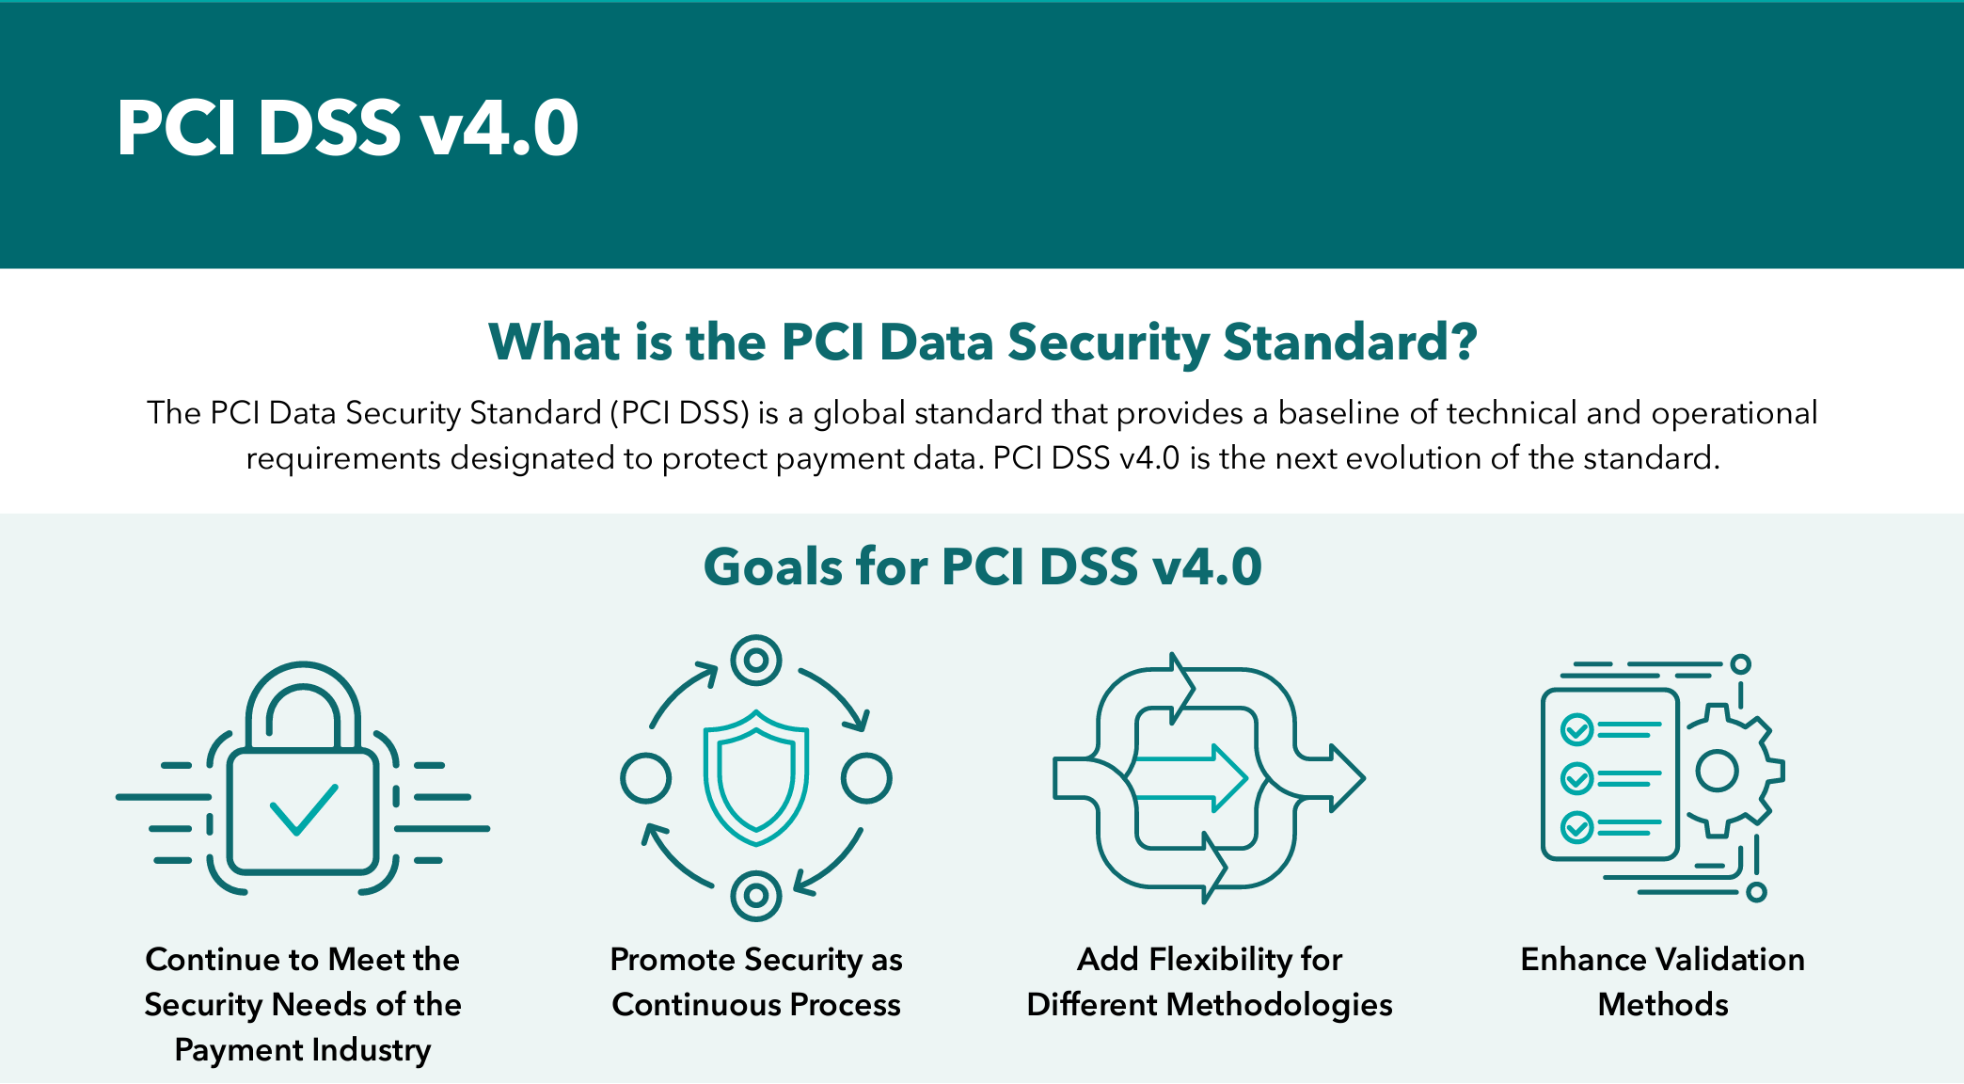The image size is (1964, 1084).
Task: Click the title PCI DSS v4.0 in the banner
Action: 347,128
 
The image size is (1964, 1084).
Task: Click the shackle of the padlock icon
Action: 303,701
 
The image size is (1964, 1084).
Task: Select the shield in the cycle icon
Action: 756,777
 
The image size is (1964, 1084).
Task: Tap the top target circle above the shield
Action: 756,660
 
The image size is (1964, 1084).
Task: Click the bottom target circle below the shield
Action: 756,896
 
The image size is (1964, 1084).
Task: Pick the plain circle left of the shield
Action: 646,778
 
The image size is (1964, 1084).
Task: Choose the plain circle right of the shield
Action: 866,778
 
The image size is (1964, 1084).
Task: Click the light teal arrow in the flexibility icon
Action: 1191,778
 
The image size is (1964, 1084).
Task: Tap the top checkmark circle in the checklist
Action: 1576,729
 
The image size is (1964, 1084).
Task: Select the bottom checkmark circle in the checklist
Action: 1576,828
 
